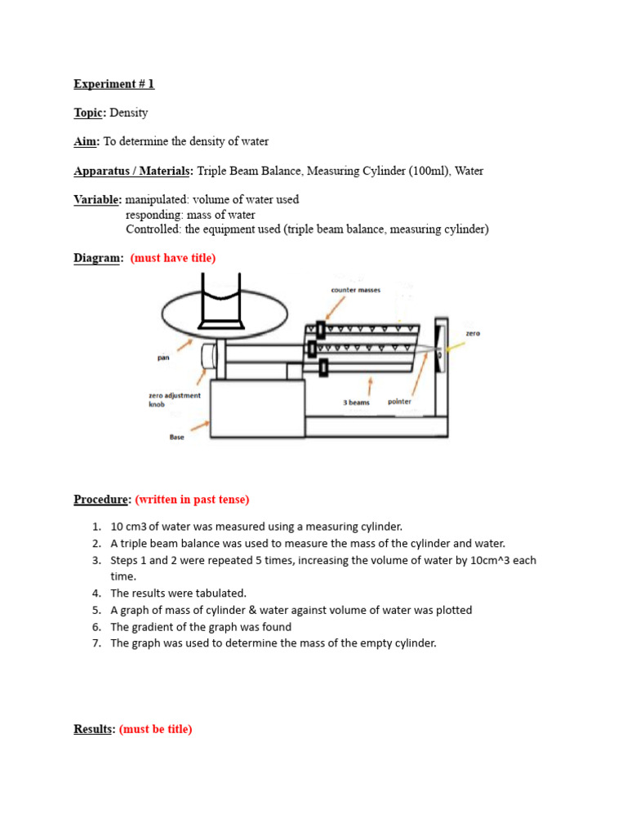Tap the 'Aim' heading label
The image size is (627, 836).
coord(85,141)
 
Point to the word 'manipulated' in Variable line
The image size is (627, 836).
coord(156,199)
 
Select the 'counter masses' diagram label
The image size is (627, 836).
coord(356,290)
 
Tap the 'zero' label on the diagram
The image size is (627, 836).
coord(473,333)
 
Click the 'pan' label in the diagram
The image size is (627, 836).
coord(163,357)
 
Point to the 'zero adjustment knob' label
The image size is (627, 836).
coord(174,399)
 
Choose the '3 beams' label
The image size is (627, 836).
coord(356,402)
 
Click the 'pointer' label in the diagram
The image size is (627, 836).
coord(399,402)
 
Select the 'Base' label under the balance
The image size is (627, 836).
coord(176,437)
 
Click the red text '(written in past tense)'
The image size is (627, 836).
coord(192,499)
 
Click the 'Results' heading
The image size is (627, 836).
coord(93,729)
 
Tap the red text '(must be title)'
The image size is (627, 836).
coord(156,729)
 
